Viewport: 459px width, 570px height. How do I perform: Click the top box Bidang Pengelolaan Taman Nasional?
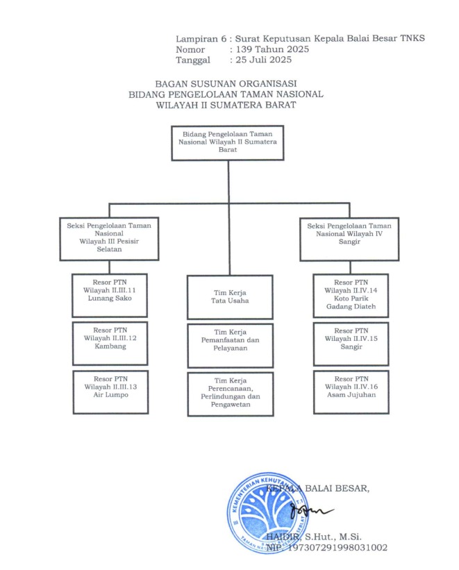[228, 143]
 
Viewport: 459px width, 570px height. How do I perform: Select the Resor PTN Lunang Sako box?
[110, 292]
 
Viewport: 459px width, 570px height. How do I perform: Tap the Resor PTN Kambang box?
[110, 342]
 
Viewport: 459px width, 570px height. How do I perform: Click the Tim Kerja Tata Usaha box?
[230, 296]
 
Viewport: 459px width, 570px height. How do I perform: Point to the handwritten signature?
[306, 512]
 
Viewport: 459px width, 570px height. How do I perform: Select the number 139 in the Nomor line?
[244, 49]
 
